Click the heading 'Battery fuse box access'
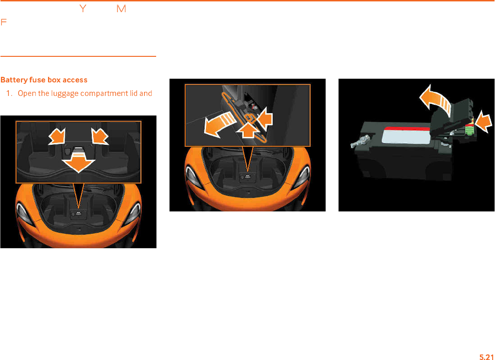pyautogui.click(x=44, y=80)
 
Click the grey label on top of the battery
pyautogui.click(x=405, y=137)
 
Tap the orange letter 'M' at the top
pyautogui.click(x=122, y=9)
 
